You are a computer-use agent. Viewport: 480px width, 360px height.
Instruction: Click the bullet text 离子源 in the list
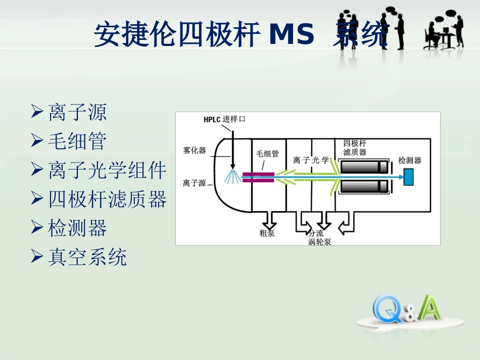pos(77,112)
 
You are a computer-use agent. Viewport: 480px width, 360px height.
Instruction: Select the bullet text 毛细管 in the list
pos(77,141)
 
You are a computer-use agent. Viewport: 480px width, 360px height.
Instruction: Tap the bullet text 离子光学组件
pos(107,171)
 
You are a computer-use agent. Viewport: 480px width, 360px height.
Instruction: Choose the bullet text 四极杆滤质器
pos(107,200)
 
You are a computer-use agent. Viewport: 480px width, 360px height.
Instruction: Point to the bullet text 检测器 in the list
pos(77,229)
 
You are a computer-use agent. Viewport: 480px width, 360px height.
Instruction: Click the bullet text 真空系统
pos(87,258)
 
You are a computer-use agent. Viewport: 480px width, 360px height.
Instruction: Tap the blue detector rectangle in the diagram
pos(409,177)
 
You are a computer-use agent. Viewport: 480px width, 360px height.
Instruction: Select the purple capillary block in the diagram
pos(258,177)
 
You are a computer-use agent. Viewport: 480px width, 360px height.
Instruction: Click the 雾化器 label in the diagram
pos(195,150)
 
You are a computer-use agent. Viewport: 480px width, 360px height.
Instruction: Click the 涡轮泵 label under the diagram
pos(320,242)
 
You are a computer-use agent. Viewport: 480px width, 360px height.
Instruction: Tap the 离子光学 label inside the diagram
pos(311,160)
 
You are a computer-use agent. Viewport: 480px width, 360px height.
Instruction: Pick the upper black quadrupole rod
pos(364,167)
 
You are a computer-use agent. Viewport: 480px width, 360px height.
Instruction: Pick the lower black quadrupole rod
pos(364,187)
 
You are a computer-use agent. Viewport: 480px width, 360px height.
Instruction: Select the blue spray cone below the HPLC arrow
pos(233,177)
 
